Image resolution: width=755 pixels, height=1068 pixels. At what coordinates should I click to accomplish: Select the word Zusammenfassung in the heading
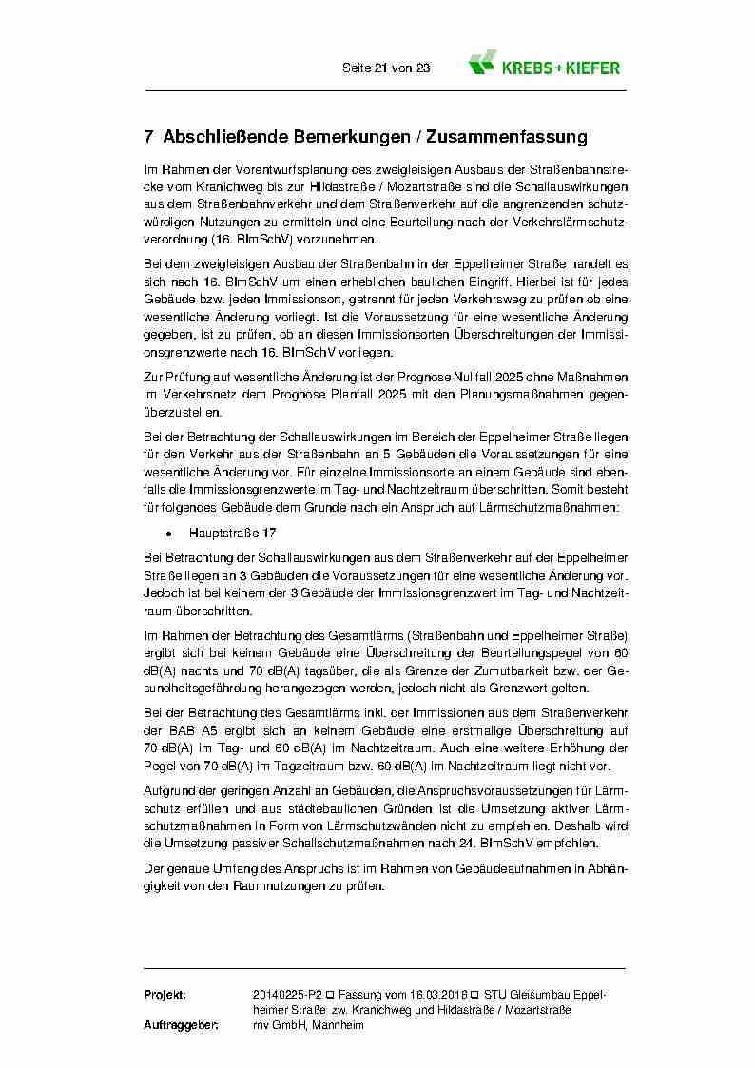508,138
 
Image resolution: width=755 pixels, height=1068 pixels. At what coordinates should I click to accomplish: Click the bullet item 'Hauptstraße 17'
232,534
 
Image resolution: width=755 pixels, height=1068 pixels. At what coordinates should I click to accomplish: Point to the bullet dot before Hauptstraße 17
168,534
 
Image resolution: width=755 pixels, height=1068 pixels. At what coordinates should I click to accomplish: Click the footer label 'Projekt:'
165,994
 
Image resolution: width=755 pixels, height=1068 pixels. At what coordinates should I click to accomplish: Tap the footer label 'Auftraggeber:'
181,1025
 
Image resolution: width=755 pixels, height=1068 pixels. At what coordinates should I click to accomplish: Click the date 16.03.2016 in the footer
438,994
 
